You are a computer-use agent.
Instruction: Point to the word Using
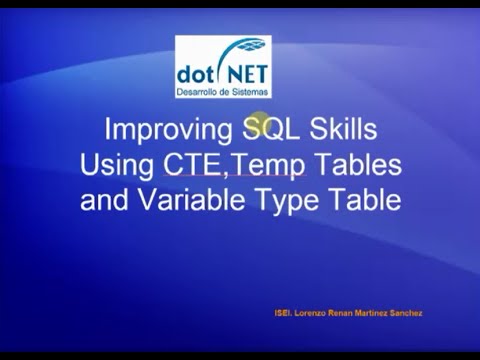pos(117,165)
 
